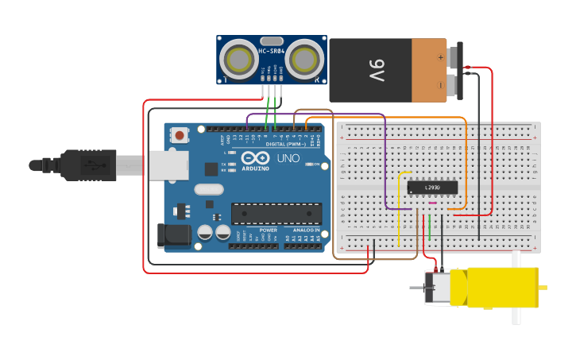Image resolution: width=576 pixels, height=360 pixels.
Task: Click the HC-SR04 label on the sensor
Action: point(272,52)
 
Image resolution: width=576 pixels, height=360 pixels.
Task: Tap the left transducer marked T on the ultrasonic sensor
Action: point(238,60)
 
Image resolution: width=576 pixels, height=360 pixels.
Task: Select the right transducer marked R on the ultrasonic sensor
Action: point(304,60)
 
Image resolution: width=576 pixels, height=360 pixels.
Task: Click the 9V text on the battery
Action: point(376,70)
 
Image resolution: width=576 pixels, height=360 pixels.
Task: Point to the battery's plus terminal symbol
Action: point(440,56)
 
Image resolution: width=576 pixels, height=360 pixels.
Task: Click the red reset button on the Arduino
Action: point(180,135)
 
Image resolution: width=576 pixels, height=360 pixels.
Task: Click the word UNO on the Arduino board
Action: point(288,158)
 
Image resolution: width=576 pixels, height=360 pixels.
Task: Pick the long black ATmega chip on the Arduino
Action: point(276,213)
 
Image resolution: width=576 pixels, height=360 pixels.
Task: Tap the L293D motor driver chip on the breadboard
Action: point(432,188)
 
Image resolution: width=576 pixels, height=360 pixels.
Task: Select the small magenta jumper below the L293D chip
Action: point(432,203)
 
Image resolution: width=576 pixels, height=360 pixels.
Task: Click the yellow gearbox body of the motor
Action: point(501,288)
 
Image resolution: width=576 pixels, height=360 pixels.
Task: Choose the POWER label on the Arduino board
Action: point(268,230)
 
